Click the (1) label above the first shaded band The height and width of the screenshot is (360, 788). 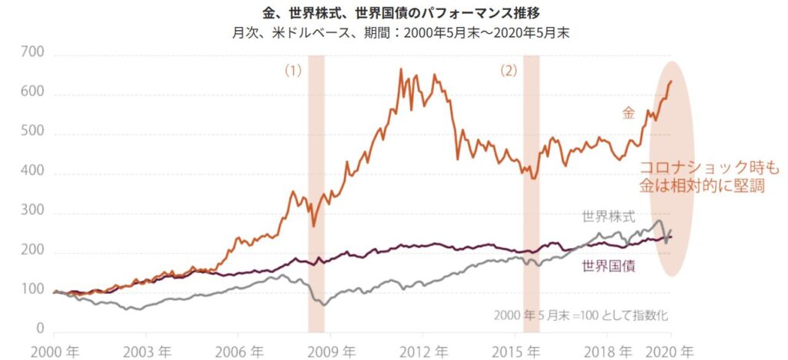[x=293, y=70]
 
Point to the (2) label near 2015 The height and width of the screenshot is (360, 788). [x=509, y=70]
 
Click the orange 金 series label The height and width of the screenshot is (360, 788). [x=629, y=113]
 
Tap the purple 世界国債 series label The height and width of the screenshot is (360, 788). [x=607, y=266]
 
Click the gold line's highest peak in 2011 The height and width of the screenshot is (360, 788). [x=401, y=70]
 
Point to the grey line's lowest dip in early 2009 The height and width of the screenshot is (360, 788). [x=324, y=305]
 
